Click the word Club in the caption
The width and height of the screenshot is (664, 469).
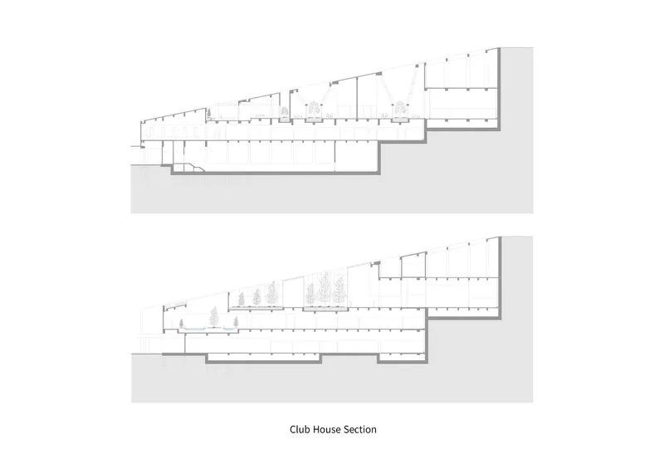pyautogui.click(x=299, y=429)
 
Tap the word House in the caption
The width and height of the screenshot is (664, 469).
pyautogui.click(x=325, y=429)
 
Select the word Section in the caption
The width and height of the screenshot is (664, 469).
pyautogui.click(x=359, y=429)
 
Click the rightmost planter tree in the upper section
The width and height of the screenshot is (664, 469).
pyautogui.click(x=400, y=109)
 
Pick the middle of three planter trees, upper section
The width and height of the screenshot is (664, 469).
pyautogui.click(x=314, y=109)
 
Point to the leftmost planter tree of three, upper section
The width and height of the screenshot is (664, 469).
pyautogui.click(x=285, y=112)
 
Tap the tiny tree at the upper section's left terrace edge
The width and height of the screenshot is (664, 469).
pyautogui.click(x=209, y=113)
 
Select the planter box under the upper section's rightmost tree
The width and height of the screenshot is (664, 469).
pyautogui.click(x=400, y=120)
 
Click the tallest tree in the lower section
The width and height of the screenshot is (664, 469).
pyautogui.click(x=325, y=288)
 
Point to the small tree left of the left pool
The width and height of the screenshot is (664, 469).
pyautogui.click(x=182, y=323)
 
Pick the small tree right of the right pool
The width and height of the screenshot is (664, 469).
pyautogui.click(x=236, y=322)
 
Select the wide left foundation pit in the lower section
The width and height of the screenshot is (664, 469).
pyautogui.click(x=263, y=359)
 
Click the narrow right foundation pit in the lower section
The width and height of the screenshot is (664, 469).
pyautogui.click(x=402, y=359)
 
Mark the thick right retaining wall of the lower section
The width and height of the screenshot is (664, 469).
pyautogui.click(x=500, y=277)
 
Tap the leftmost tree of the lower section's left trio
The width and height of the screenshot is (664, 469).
pyautogui.click(x=242, y=299)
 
